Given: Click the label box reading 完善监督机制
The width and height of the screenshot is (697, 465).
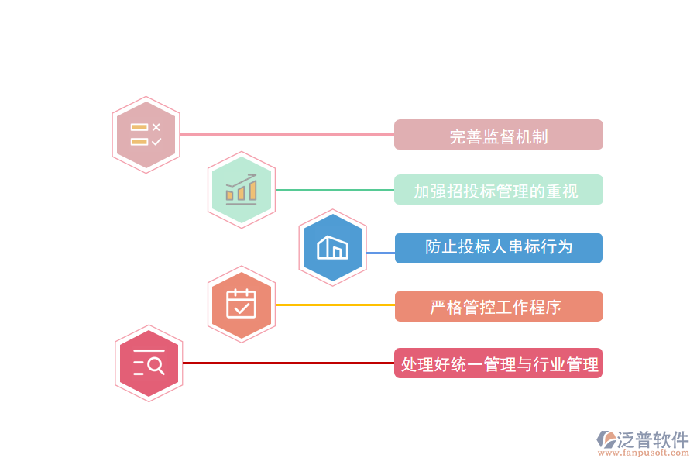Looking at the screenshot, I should (498, 135).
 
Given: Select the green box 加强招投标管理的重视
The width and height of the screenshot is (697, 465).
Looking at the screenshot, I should (498, 190).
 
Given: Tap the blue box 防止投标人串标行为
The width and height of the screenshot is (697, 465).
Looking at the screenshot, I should (498, 248).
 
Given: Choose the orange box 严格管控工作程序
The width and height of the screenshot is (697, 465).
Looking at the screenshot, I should (498, 306).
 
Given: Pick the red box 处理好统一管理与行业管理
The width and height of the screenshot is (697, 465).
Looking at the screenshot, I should (498, 363).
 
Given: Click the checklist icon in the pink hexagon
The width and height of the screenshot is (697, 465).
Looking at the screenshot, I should (146, 134).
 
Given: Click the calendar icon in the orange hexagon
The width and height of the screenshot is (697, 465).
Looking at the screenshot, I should (241, 304).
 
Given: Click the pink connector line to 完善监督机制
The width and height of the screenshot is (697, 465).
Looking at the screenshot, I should (287, 135).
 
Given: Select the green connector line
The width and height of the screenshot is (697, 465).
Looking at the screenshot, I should (335, 190).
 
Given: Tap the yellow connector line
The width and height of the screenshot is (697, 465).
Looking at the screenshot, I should (335, 305).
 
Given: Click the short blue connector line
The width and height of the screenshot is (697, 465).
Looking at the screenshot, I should (380, 253).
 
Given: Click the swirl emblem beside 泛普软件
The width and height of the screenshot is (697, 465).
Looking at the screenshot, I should (605, 439).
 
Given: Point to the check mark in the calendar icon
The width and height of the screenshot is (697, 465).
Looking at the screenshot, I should (242, 308).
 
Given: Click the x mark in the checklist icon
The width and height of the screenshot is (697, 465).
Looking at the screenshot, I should (156, 127).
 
